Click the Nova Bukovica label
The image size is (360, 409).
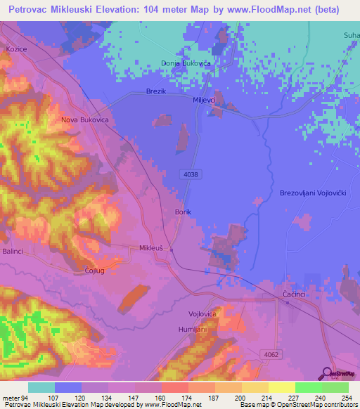click(x=84, y=120)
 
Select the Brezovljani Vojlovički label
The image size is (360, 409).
click(x=314, y=193)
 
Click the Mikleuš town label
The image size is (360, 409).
click(x=151, y=248)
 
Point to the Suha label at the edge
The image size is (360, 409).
click(x=351, y=34)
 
